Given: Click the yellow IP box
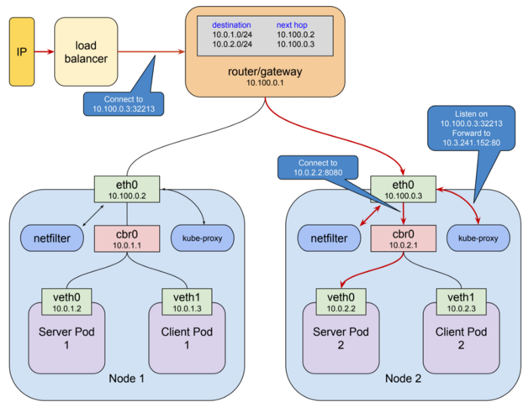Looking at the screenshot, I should pos(21,52).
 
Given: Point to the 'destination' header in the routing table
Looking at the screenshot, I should pos(232,25).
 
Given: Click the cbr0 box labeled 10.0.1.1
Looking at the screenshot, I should pos(126,238).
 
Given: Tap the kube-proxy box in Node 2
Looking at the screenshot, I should pos(478,238).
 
